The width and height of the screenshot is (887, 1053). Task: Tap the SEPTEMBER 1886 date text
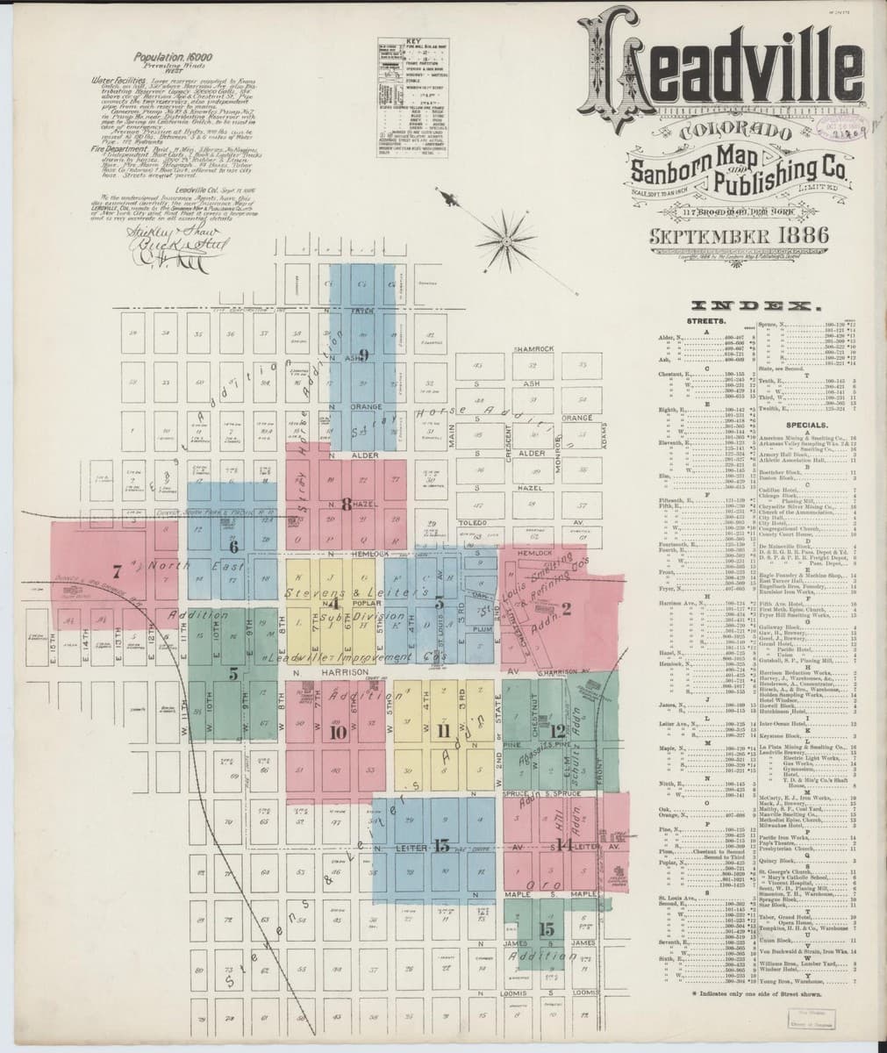725,236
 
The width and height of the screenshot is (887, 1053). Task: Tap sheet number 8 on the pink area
346,504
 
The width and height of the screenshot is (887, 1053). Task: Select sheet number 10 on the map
337,734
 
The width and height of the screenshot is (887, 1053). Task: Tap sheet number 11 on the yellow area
442,730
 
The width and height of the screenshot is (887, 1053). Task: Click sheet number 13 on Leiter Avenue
440,846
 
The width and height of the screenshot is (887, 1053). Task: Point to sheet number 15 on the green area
547,928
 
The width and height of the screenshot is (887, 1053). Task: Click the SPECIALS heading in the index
762,423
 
